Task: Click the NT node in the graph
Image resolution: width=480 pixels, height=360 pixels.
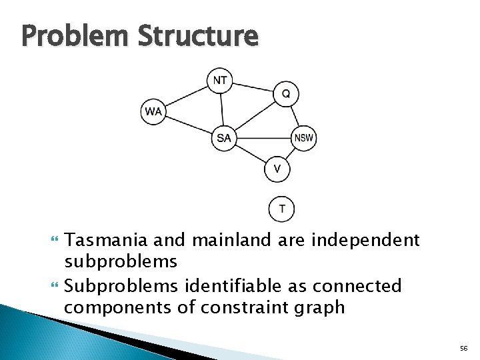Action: (x=220, y=81)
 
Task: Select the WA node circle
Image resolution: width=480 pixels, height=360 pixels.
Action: (x=153, y=111)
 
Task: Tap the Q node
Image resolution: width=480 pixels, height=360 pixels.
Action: (x=285, y=94)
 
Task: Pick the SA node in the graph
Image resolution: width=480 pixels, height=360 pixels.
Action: (x=224, y=138)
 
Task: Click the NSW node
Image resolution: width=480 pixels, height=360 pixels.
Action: (x=304, y=138)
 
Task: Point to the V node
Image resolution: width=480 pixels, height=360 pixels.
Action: (x=277, y=169)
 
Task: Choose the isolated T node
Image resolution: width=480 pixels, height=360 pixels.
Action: (x=281, y=209)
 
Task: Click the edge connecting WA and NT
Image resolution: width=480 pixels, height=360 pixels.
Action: (x=187, y=96)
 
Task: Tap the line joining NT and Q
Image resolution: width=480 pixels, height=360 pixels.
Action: (x=253, y=87)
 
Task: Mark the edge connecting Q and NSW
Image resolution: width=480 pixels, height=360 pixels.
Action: (x=295, y=115)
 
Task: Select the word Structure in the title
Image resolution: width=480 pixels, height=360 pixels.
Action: (x=198, y=36)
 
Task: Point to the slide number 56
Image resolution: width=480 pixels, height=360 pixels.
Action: (x=463, y=349)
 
